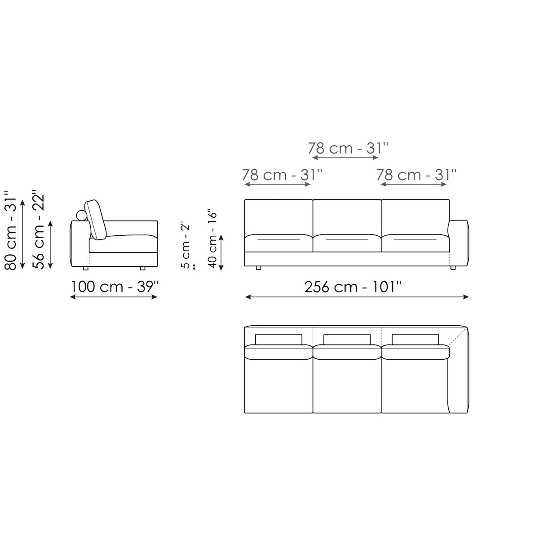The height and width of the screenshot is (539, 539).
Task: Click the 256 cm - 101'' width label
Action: coord(353,287)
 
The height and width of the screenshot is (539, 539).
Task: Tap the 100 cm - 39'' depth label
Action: coord(115,287)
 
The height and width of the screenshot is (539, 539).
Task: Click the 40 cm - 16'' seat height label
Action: coord(212,239)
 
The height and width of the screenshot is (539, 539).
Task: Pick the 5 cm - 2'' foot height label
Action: coord(186,246)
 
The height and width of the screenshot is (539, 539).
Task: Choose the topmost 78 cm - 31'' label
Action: coord(348,148)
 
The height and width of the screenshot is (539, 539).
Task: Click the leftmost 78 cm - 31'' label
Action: coord(282,175)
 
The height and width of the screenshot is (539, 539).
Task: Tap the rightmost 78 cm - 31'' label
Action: coord(416,175)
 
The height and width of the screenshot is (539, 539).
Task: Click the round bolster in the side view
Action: coord(82,216)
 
